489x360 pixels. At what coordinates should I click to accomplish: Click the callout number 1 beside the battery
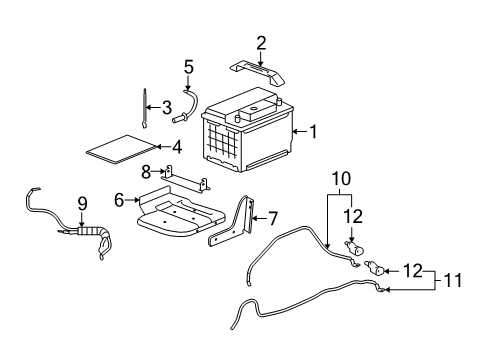pos(313,131)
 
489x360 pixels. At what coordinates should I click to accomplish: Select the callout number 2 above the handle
pos(262,42)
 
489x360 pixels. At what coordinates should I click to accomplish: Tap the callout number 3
pos(167,106)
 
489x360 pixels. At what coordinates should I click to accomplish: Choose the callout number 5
pos(187,67)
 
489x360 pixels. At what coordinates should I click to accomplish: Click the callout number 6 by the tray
pos(119,200)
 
